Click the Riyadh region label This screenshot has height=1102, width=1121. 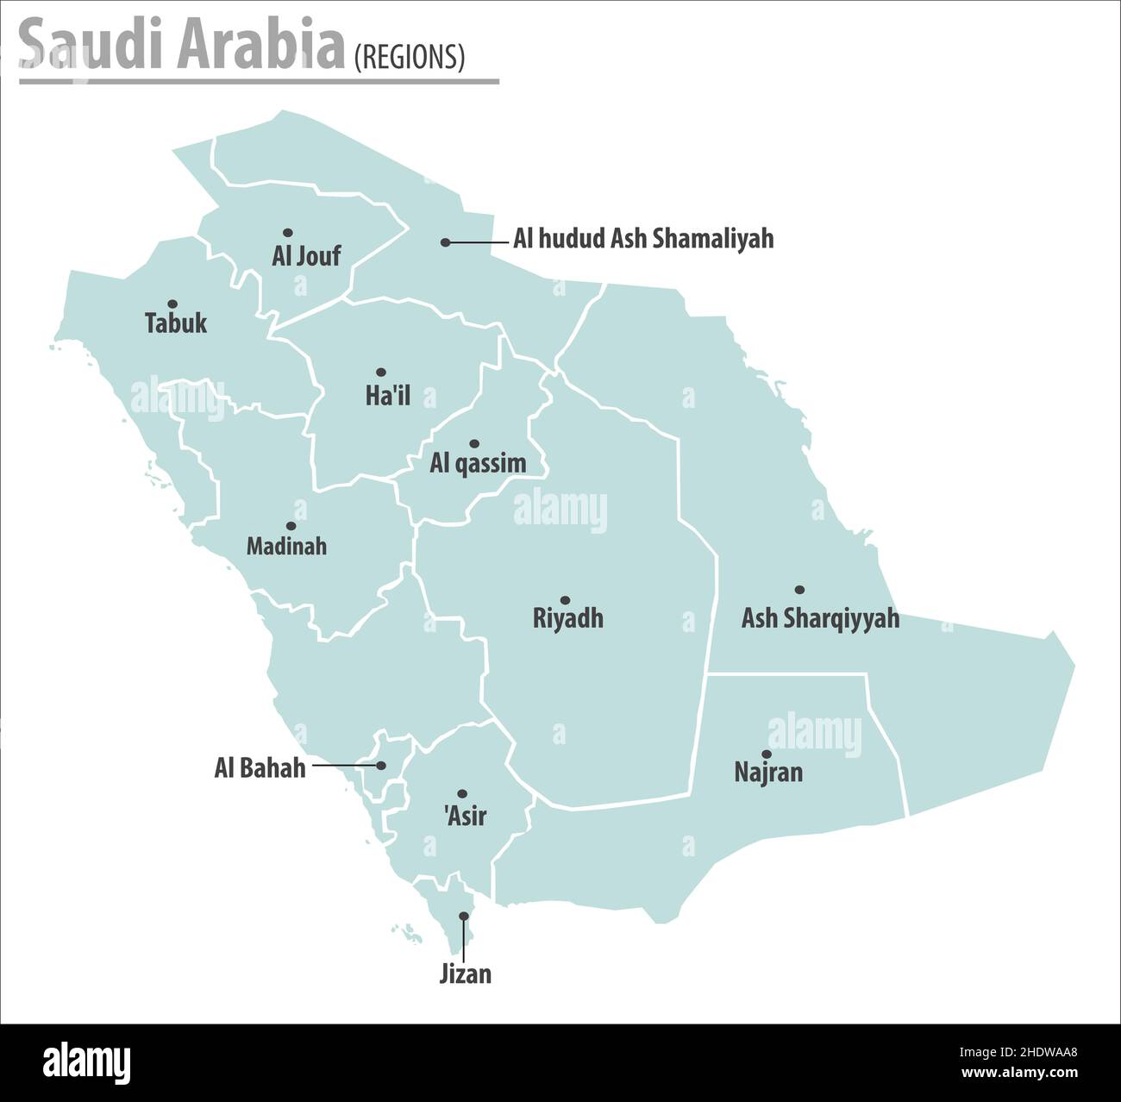(x=567, y=618)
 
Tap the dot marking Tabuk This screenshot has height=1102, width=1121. (x=172, y=304)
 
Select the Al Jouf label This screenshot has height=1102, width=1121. (x=306, y=255)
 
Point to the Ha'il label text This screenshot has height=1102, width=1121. (x=388, y=396)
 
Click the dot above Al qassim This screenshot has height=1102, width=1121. (x=473, y=444)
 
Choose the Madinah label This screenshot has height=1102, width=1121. (x=286, y=546)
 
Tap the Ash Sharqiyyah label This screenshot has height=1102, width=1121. (x=820, y=618)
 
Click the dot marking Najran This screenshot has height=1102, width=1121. (x=767, y=754)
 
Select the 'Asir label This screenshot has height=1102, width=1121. (x=466, y=815)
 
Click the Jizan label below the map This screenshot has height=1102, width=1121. (x=466, y=974)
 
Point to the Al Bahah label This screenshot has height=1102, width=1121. (x=260, y=767)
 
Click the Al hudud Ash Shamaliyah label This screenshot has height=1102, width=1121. (x=643, y=238)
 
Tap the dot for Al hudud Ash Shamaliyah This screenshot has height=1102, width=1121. (x=445, y=243)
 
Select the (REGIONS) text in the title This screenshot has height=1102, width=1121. (x=410, y=57)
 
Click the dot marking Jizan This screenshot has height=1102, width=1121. (x=464, y=916)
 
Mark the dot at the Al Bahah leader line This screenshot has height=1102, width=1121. (x=381, y=765)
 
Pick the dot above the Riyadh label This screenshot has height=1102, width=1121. (x=565, y=600)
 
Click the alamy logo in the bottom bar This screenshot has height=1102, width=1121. (x=86, y=1061)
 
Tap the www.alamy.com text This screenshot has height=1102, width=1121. (x=1018, y=1074)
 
